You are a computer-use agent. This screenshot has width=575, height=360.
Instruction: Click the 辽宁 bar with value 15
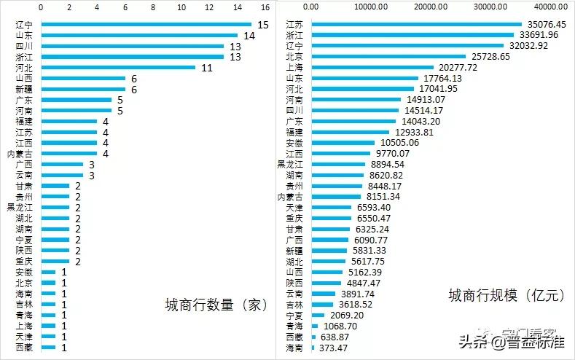[146, 24]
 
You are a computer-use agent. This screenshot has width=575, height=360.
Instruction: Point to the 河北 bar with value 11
[118, 67]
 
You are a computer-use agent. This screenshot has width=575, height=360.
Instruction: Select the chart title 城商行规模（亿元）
[506, 296]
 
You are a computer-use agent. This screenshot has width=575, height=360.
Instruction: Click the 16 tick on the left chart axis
[265, 7]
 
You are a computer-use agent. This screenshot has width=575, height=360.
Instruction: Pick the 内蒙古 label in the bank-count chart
[21, 154]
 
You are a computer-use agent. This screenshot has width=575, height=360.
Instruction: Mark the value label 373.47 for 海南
[336, 348]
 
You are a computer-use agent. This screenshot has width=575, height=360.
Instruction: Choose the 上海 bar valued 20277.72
[372, 67]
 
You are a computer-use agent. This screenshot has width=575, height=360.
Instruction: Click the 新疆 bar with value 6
[83, 89]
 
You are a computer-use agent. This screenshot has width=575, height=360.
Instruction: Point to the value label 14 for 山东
[249, 35]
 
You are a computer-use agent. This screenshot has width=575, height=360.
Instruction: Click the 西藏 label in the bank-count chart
[24, 348]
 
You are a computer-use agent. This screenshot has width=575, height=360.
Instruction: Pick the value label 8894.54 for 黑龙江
[388, 165]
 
